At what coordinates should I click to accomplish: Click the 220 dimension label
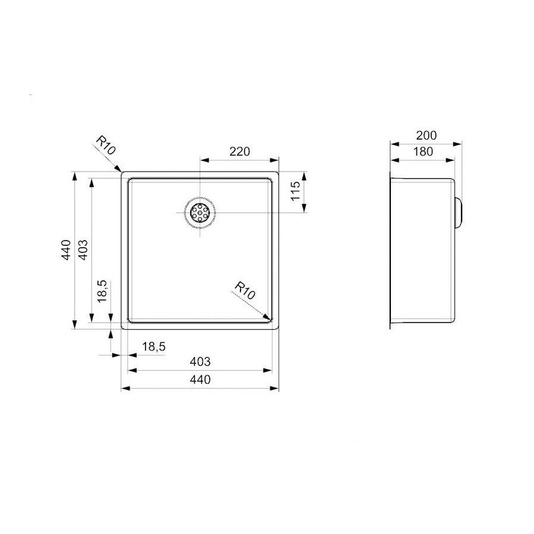pyautogui.click(x=239, y=151)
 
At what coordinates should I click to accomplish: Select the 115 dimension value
pyautogui.click(x=296, y=192)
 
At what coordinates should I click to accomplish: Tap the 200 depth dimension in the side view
pyautogui.click(x=426, y=135)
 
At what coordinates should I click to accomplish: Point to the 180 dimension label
pyautogui.click(x=422, y=151)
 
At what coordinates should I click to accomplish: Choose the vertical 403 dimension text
pyautogui.click(x=83, y=249)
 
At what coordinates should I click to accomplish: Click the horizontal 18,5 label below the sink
pyautogui.click(x=153, y=347)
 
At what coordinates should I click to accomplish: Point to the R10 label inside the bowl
pyautogui.click(x=244, y=290)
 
